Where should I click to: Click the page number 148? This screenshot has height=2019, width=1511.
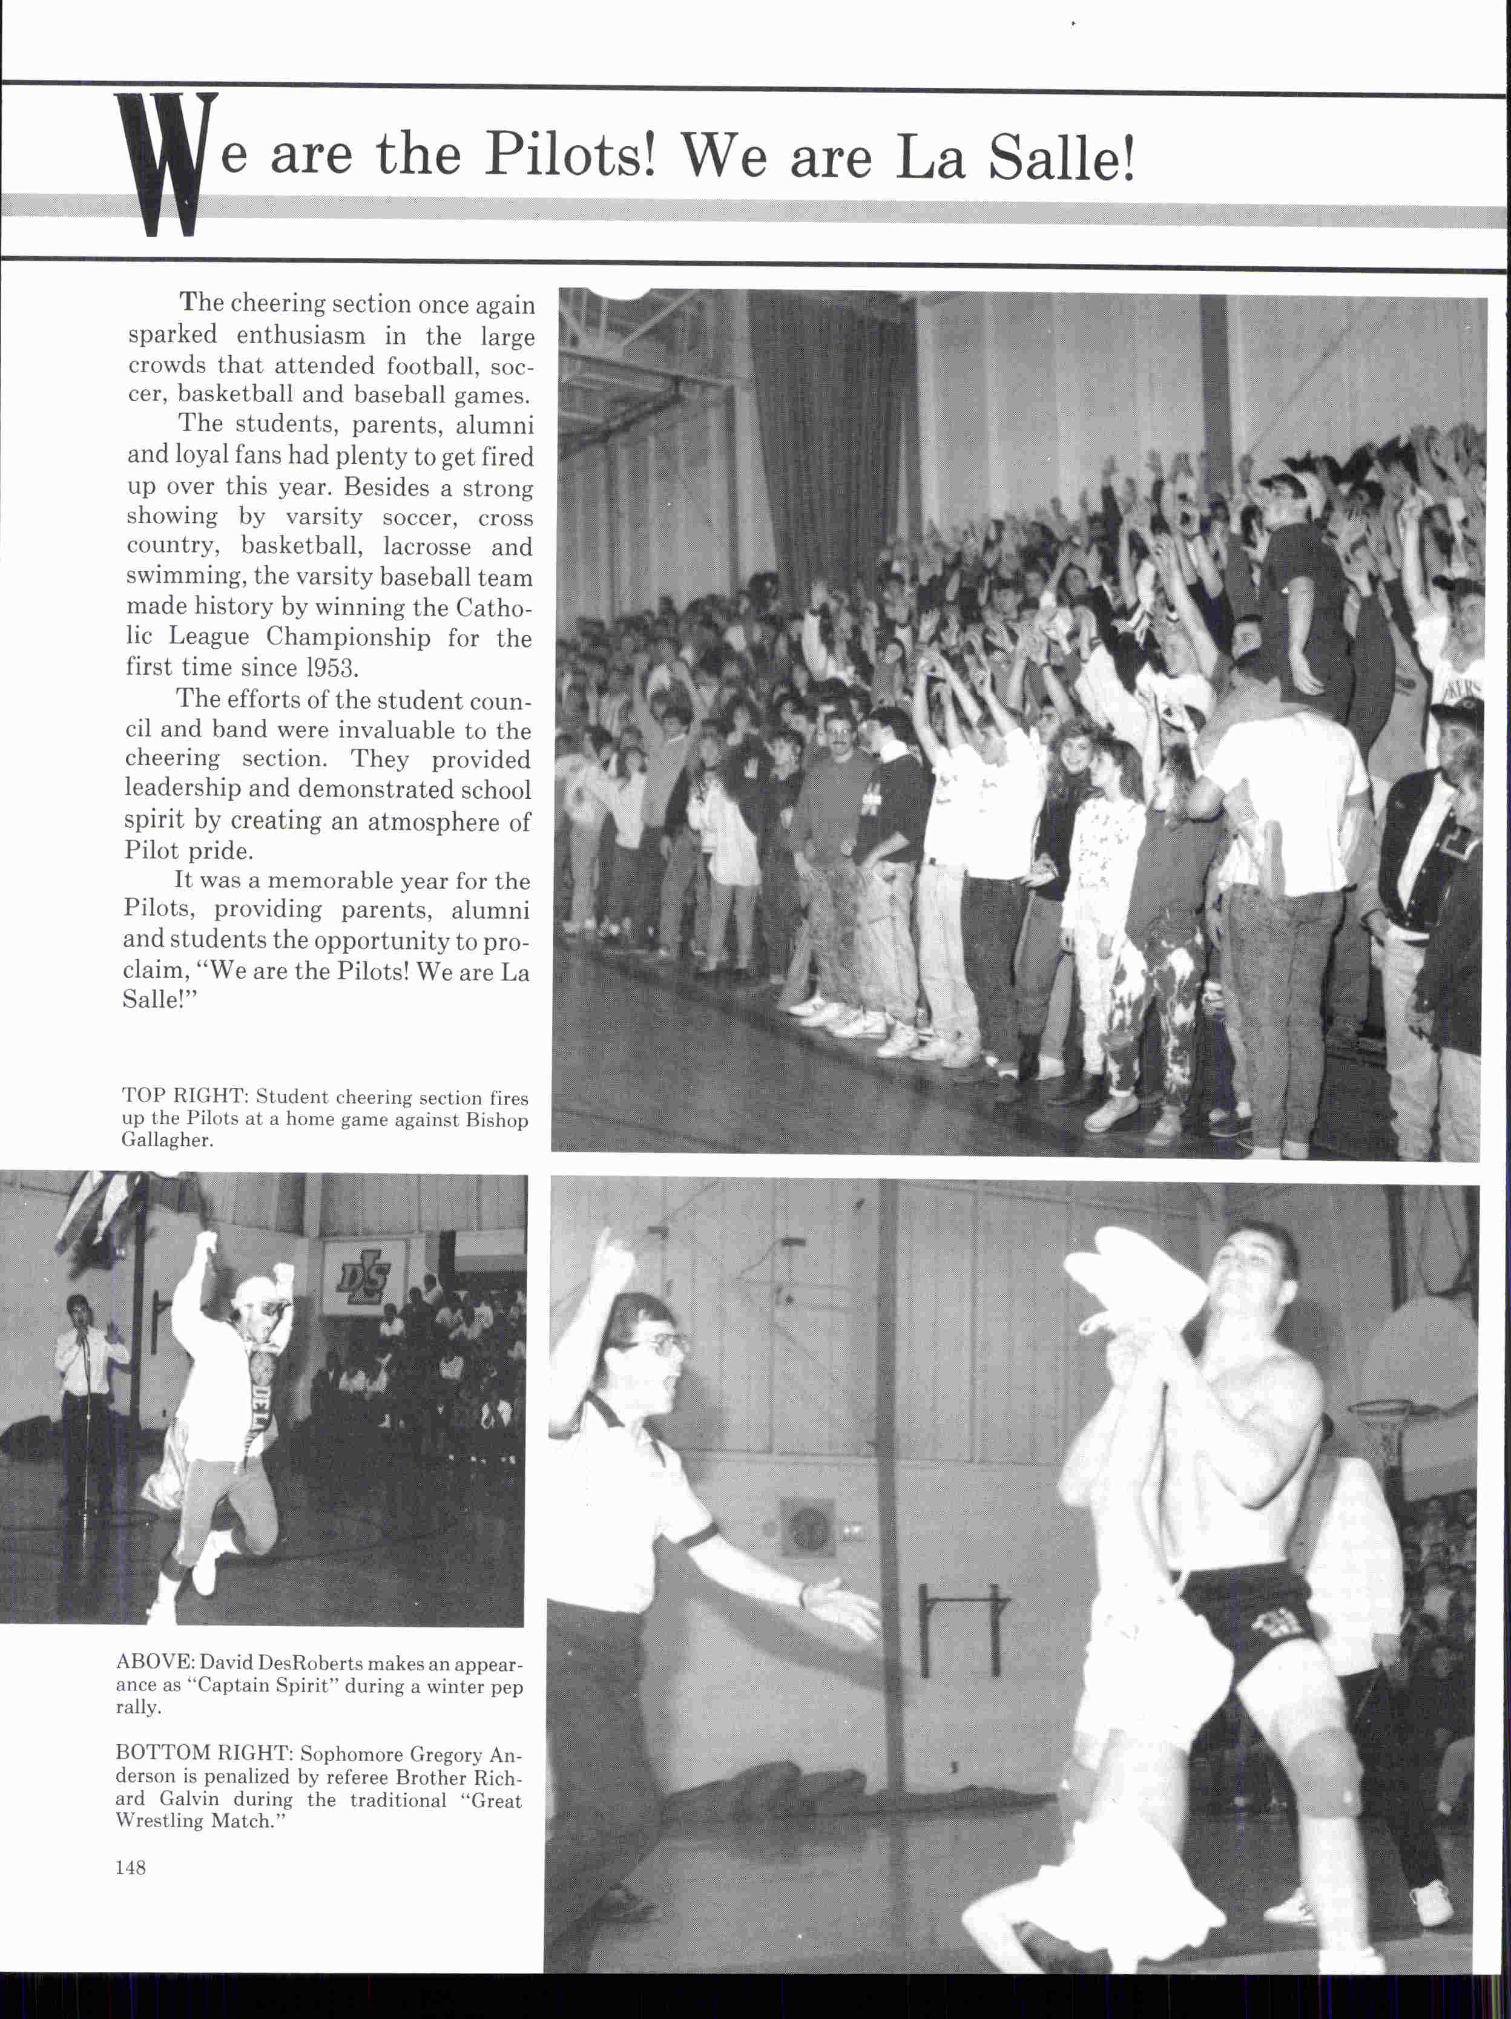131,1868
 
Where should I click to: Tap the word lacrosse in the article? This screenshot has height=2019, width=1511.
427,547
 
